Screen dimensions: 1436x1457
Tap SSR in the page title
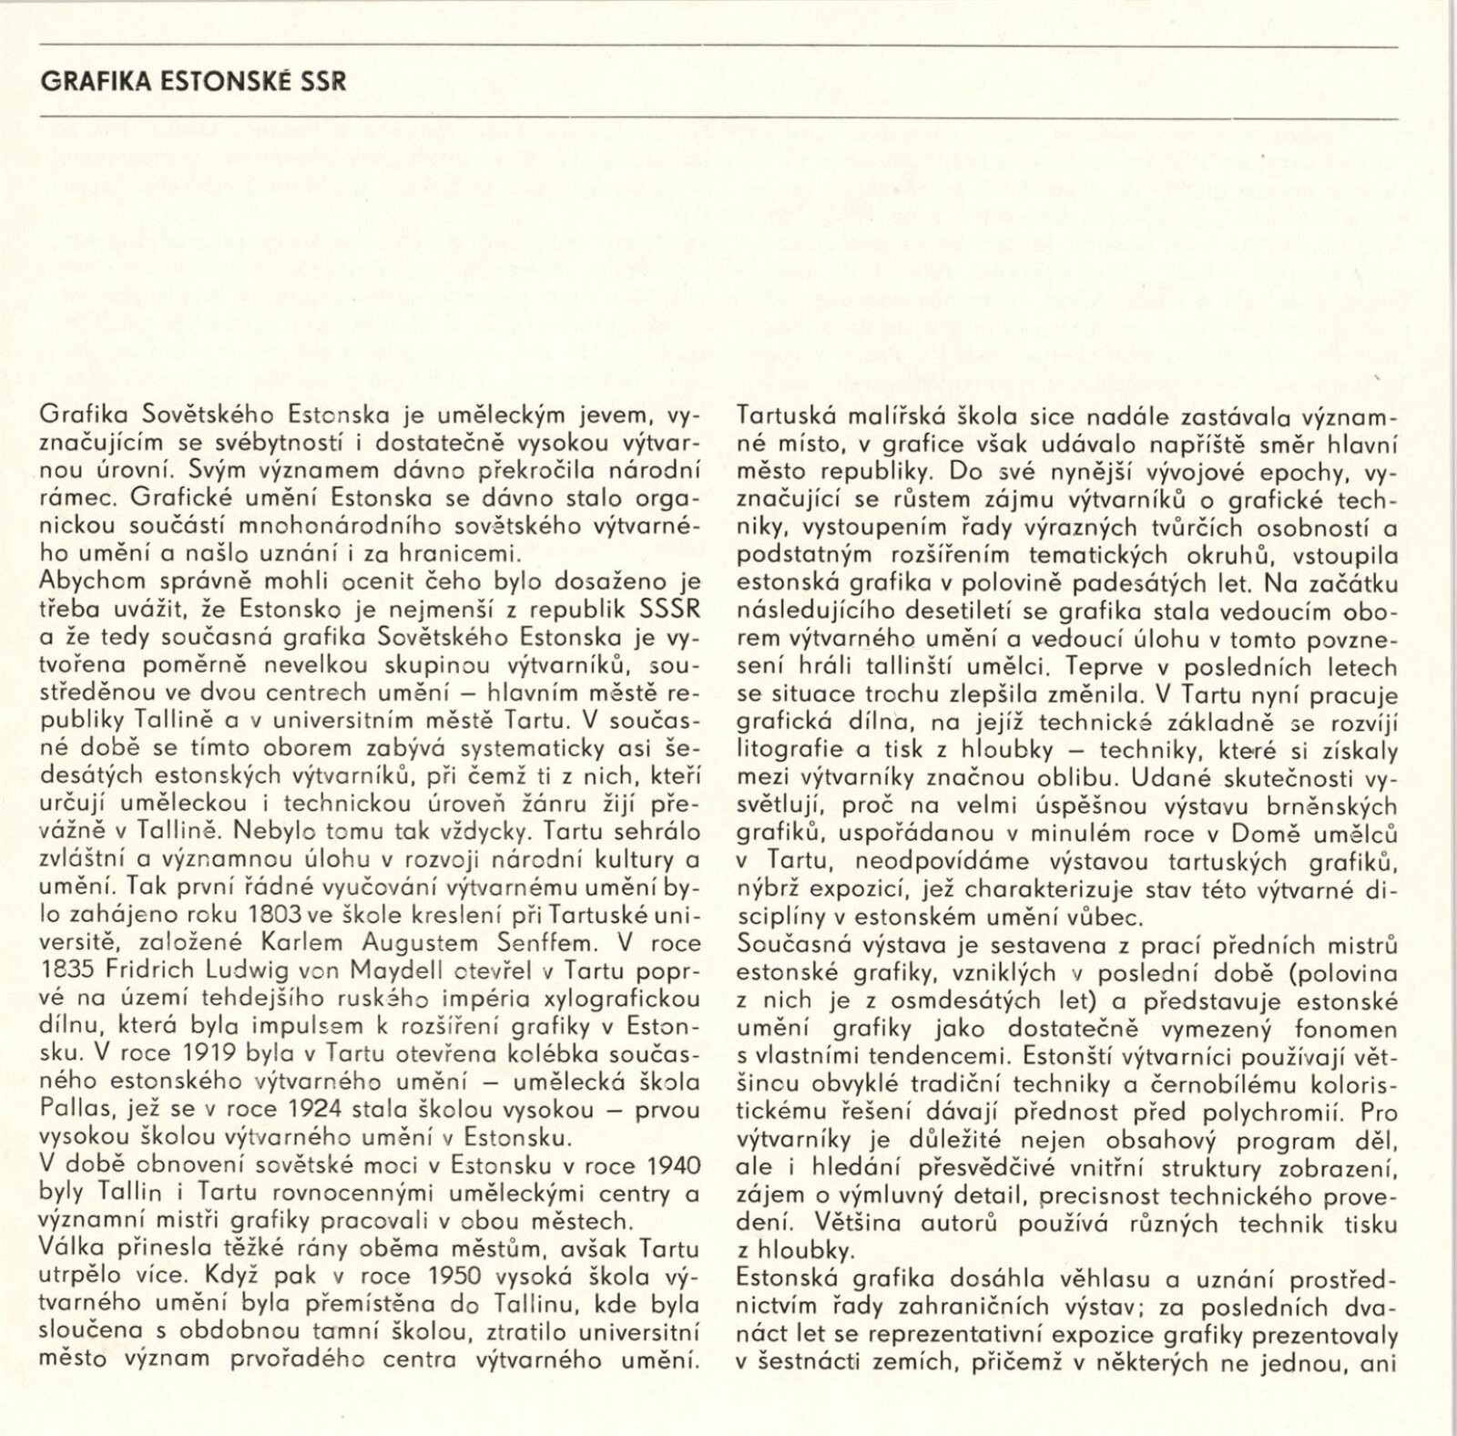tap(322, 81)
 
